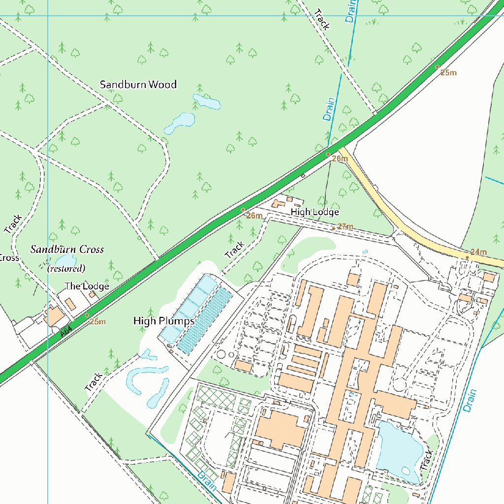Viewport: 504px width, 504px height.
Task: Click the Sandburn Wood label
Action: pyautogui.click(x=138, y=85)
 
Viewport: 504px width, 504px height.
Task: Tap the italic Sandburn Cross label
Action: pyautogui.click(x=67, y=250)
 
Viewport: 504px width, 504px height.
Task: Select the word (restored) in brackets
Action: pyautogui.click(x=66, y=269)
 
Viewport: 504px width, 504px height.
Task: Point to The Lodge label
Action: pyautogui.click(x=87, y=286)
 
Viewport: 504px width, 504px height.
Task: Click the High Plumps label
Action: pyautogui.click(x=164, y=321)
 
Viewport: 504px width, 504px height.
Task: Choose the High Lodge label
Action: pyautogui.click(x=315, y=212)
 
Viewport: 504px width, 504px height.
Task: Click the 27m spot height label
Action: pyautogui.click(x=345, y=227)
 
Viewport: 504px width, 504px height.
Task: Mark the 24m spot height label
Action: pyautogui.click(x=478, y=252)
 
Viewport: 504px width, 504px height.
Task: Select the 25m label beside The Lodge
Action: pyautogui.click(x=97, y=322)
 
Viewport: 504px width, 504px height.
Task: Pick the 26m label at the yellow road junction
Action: pyautogui.click(x=340, y=158)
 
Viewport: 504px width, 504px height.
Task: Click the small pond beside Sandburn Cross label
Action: pyautogui.click(x=64, y=260)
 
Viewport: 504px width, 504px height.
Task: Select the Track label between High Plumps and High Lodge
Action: pyautogui.click(x=234, y=250)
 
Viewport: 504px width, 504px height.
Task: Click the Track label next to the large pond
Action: pyautogui.click(x=426, y=460)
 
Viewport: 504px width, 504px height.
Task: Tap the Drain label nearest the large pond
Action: pyautogui.click(x=470, y=400)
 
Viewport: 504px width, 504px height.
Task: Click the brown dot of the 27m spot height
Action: pyautogui.click(x=333, y=229)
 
